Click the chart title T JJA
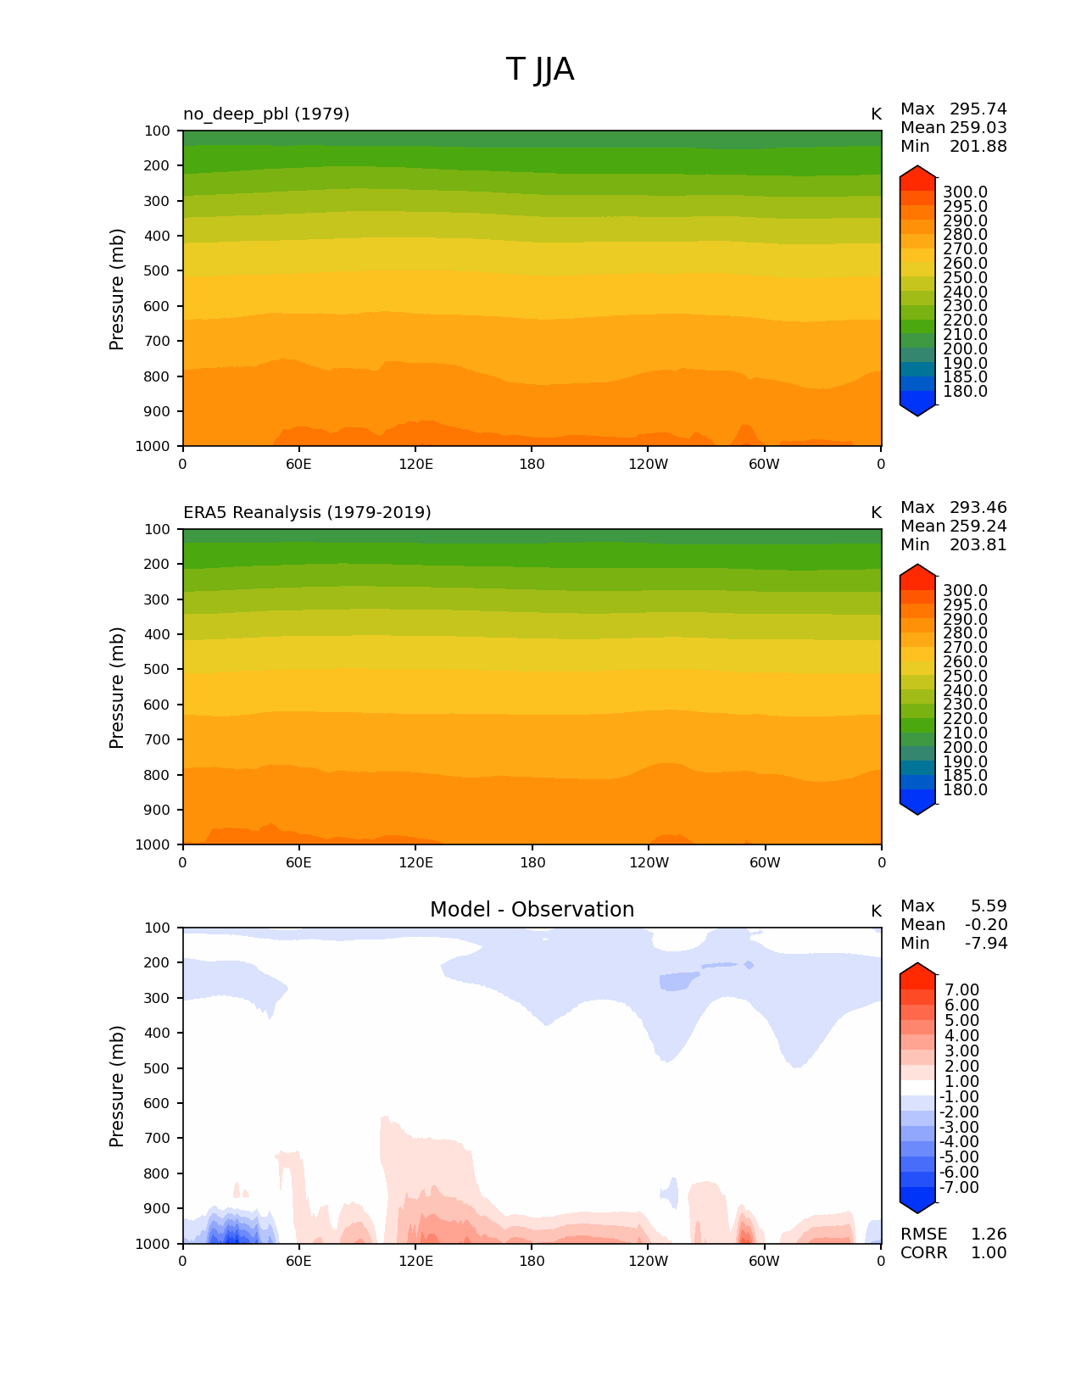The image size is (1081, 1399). [x=540, y=70]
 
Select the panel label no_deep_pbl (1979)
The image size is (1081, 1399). [x=266, y=114]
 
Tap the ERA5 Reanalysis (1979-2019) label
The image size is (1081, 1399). [x=307, y=512]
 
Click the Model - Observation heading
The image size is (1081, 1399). [x=532, y=910]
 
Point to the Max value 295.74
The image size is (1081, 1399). [x=978, y=109]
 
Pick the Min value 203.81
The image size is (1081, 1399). [x=978, y=545]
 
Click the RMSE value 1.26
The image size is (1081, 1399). [x=989, y=1235]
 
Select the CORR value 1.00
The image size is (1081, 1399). [x=989, y=1253]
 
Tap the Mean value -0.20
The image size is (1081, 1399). [x=986, y=925]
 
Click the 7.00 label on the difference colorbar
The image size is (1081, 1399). [x=961, y=990]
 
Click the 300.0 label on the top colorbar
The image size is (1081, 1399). [x=965, y=192]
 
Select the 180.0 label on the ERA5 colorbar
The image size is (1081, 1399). [x=965, y=790]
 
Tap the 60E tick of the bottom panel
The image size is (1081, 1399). [x=298, y=1262]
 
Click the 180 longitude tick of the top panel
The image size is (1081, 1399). [x=532, y=465]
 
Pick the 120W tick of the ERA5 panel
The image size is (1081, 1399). [x=649, y=863]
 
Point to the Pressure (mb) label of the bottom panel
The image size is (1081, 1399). [x=117, y=1086]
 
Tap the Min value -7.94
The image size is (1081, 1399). [x=986, y=944]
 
